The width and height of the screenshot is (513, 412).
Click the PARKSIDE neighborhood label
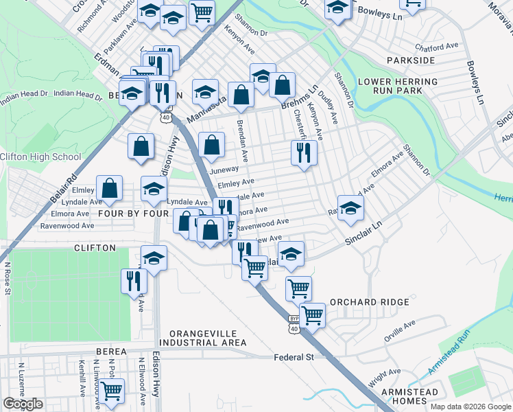coord(411,60)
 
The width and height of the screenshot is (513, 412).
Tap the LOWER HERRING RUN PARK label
coord(398,86)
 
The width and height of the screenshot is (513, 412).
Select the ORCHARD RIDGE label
coord(370,302)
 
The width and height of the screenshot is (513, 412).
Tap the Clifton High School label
coord(40,157)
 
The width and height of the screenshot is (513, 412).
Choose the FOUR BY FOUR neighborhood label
coord(134,214)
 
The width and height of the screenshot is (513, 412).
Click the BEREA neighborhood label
coord(111,351)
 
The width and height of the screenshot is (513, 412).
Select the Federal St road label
coord(294,357)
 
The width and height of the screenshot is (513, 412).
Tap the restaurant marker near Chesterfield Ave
coord(304,152)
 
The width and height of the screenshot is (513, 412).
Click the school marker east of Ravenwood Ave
coord(350,207)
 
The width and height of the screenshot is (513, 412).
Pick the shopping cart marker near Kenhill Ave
coord(111,391)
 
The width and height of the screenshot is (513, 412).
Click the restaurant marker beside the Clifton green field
coord(134,281)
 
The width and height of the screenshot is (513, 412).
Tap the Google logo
coord(23,404)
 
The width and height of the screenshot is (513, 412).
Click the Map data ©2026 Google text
coord(470,406)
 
